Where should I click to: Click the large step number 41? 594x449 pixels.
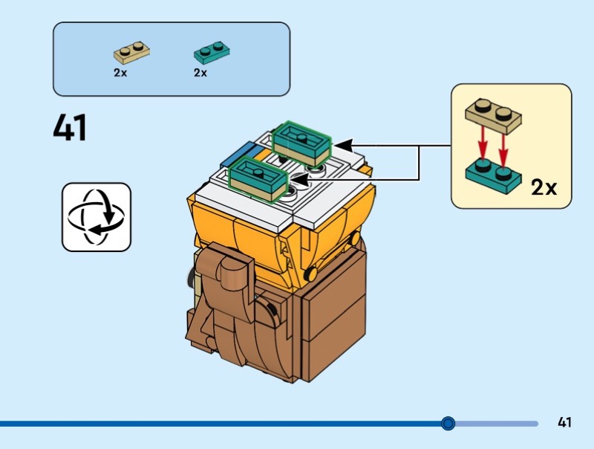click(x=71, y=127)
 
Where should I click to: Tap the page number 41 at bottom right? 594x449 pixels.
click(x=564, y=423)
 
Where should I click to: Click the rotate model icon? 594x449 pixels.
click(x=96, y=217)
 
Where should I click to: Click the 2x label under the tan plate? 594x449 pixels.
click(x=120, y=73)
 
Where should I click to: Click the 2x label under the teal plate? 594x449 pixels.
click(x=200, y=73)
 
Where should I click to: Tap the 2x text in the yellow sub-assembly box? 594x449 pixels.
click(x=544, y=187)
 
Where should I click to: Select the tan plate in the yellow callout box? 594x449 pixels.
click(x=493, y=114)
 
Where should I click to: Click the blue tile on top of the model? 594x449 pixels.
click(x=239, y=155)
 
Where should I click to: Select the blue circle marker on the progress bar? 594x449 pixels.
click(x=448, y=424)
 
